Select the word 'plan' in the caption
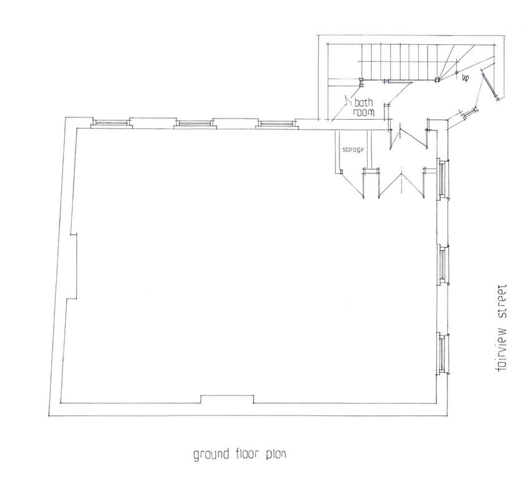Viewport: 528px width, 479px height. click(276, 455)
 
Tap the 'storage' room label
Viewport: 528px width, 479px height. click(353, 150)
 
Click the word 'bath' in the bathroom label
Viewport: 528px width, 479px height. click(363, 102)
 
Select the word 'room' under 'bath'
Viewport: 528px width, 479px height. click(364, 112)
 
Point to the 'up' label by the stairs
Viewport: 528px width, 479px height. click(466, 79)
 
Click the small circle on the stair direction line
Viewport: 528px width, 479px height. click(457, 72)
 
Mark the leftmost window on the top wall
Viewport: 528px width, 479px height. click(111, 123)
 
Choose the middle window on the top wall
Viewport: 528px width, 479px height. click(195, 123)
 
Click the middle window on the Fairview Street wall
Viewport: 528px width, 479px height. click(442, 265)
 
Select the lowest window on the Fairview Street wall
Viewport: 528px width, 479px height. click(442, 354)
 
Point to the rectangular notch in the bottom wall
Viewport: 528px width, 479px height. click(227, 399)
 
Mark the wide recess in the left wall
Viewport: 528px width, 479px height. click(71, 266)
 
